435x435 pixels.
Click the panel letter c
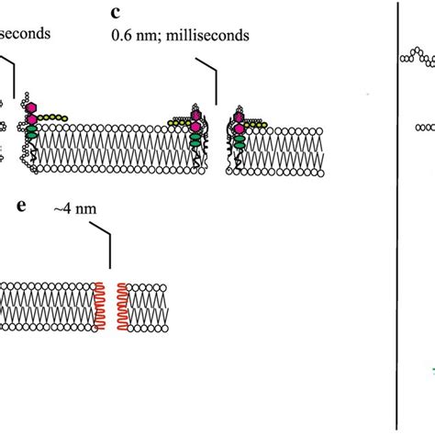(x=114, y=15)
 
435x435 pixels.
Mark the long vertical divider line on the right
(x=396, y=217)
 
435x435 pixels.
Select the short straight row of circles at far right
(x=424, y=128)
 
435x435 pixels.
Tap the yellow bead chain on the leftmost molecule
(x=55, y=117)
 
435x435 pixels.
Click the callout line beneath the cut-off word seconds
(x=9, y=69)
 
